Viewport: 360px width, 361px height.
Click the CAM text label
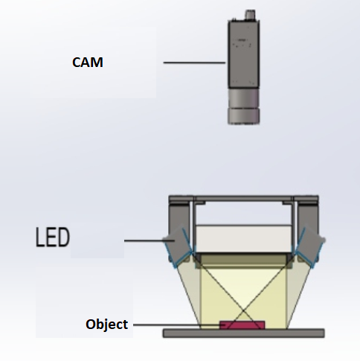(88, 62)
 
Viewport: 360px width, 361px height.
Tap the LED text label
(53, 237)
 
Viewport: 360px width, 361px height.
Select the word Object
(106, 325)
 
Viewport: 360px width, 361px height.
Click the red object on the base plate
(242, 325)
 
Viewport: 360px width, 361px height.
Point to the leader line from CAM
(194, 63)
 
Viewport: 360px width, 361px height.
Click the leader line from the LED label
(150, 240)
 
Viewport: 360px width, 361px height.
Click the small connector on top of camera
(250, 14)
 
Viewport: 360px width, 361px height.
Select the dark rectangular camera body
(243, 54)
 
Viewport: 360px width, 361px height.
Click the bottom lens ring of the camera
(243, 116)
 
